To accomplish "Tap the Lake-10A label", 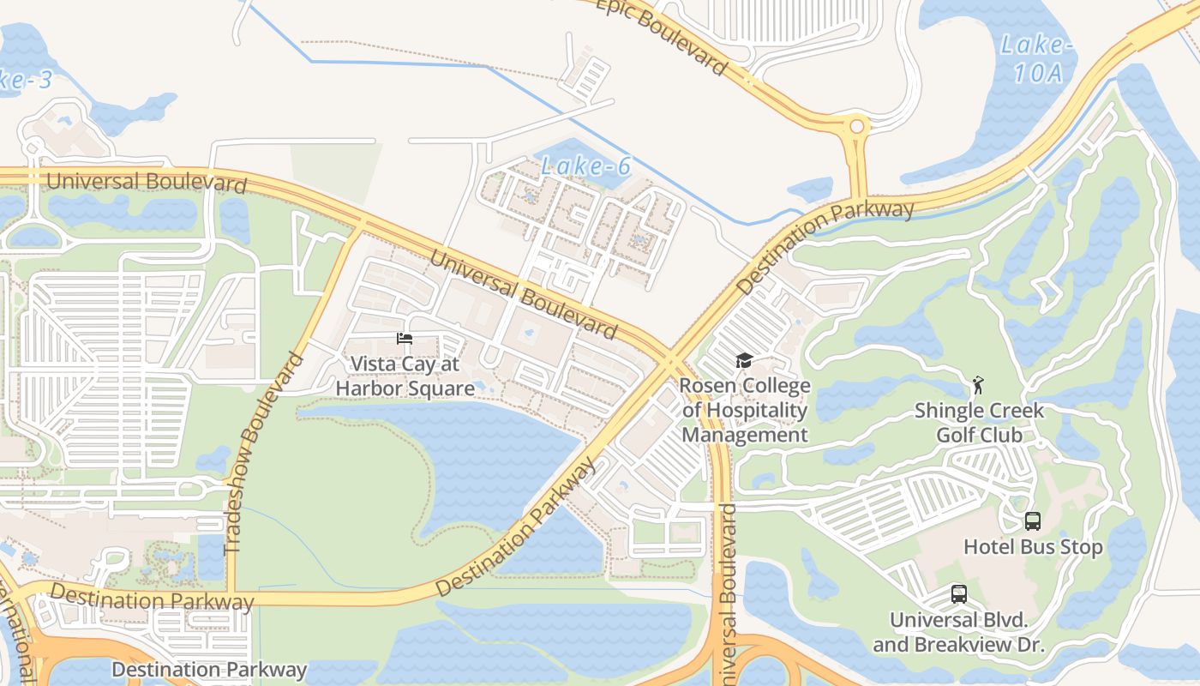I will click(x=1037, y=58).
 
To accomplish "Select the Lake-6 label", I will click(x=586, y=166).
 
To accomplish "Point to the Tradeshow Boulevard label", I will click(x=265, y=453).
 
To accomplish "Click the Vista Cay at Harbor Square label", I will click(x=405, y=376).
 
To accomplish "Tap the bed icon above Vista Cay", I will click(x=405, y=340).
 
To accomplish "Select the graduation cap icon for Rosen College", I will click(x=743, y=361).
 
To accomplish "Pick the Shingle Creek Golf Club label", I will click(x=979, y=422).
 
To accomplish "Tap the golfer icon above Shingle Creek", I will click(x=978, y=384).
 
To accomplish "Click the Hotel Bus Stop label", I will click(x=1033, y=546).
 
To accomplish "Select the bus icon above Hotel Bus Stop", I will click(x=1033, y=521).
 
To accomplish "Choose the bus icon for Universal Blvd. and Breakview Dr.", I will click(x=958, y=593).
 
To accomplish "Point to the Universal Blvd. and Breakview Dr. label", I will click(x=958, y=632).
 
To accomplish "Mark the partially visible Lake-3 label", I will click(x=26, y=80).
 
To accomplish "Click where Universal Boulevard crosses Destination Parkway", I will click(x=669, y=363).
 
